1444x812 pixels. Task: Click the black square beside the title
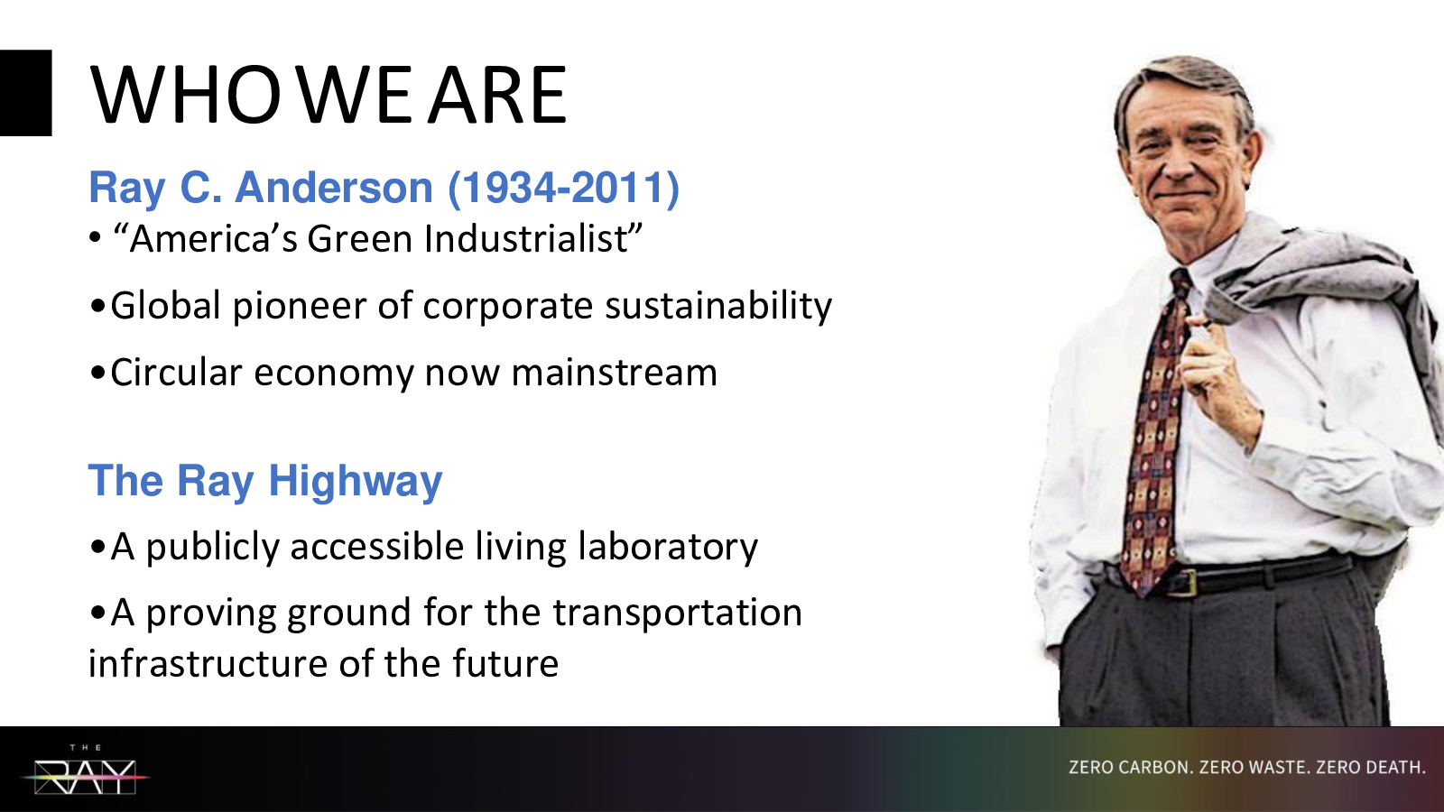(x=26, y=93)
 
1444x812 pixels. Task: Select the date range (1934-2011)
(x=563, y=188)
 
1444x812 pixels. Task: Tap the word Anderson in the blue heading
(x=334, y=188)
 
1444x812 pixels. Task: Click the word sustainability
(x=718, y=306)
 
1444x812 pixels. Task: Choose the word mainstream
(x=614, y=373)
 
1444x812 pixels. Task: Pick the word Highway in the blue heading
(x=356, y=482)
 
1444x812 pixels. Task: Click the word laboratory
(x=668, y=547)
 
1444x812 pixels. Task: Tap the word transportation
(x=678, y=613)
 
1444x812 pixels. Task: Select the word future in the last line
(x=504, y=663)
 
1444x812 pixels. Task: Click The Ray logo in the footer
(x=86, y=770)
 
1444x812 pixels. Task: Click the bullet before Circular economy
(x=97, y=373)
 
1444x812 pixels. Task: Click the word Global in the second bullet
(x=166, y=306)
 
